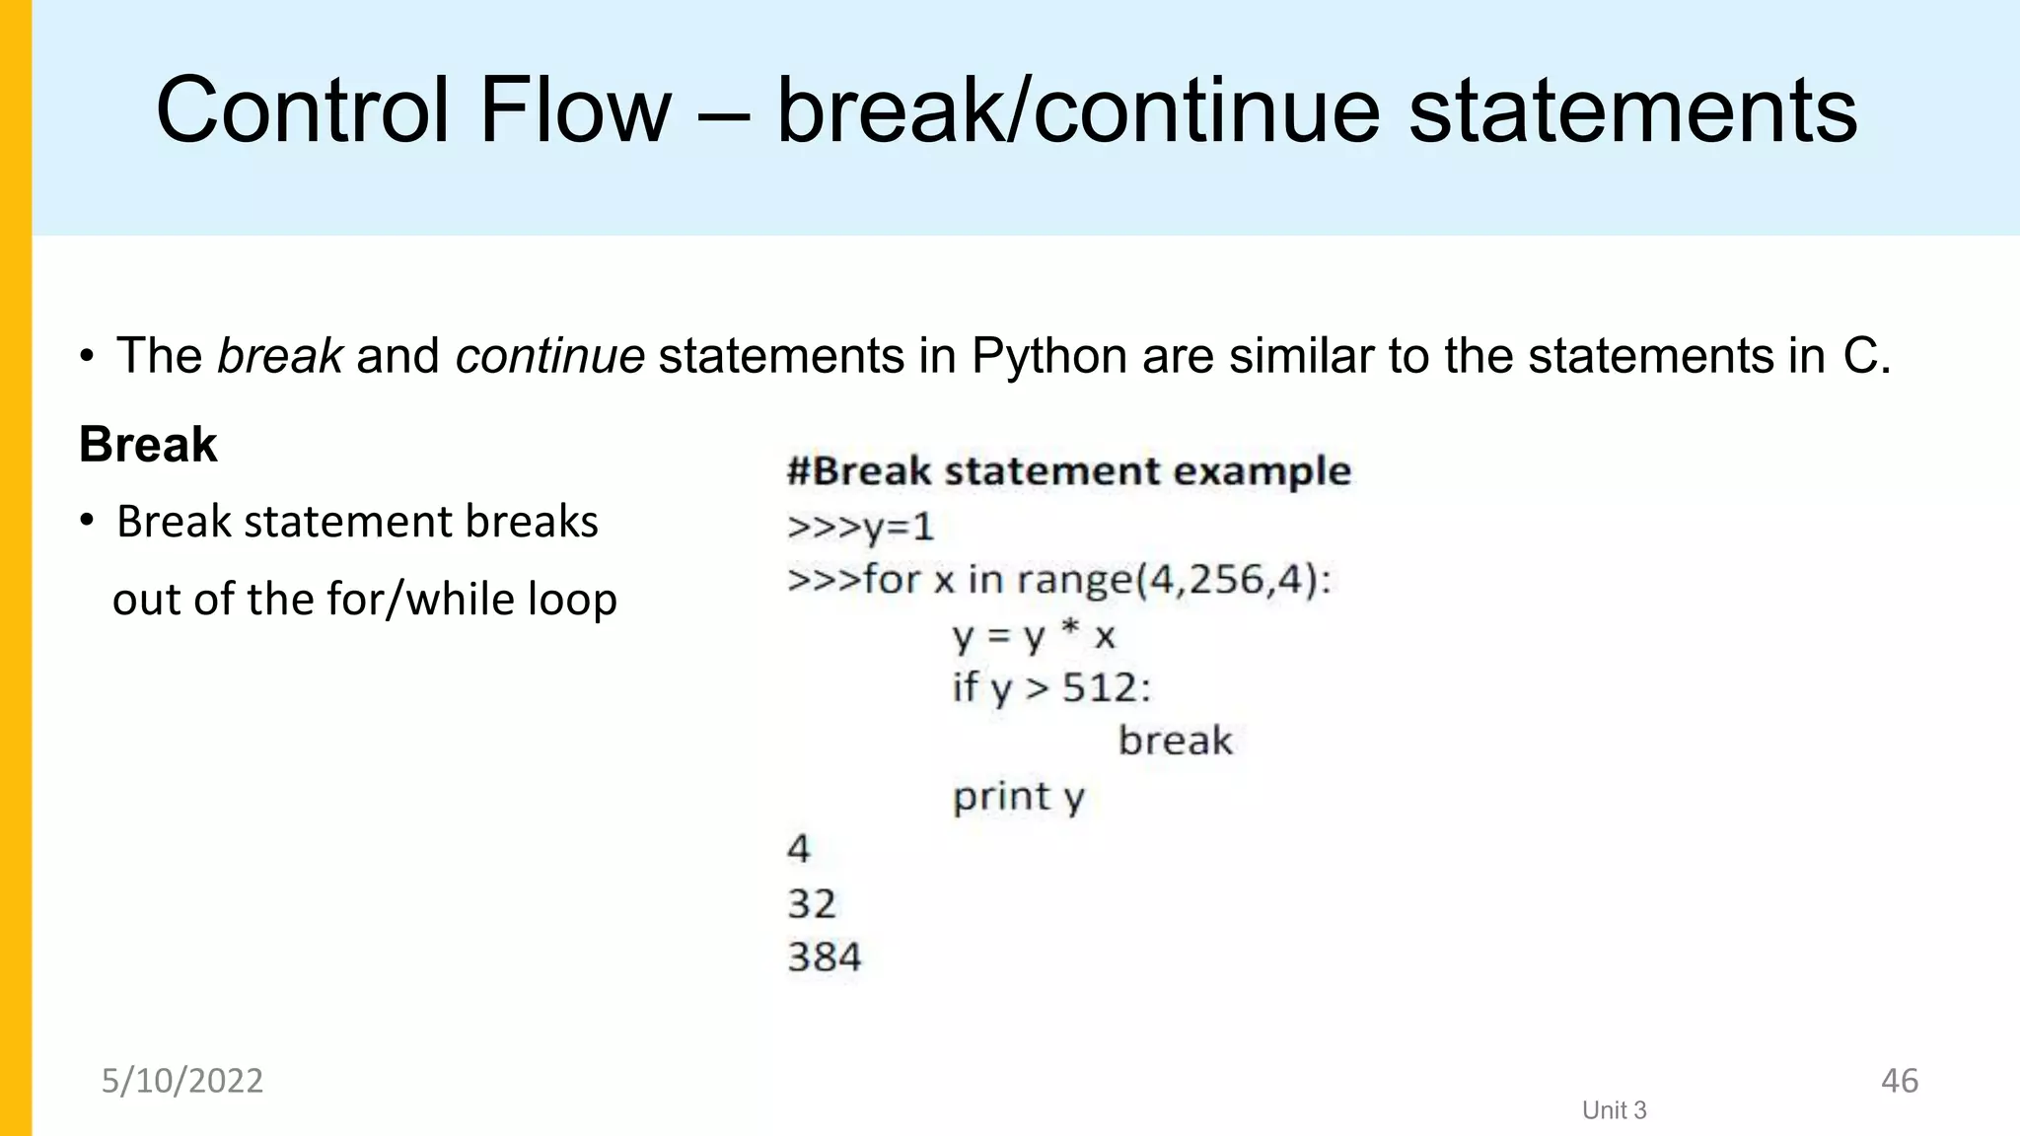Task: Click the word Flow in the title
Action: point(574,110)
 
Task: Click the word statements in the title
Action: point(1632,110)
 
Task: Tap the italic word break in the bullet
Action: point(280,356)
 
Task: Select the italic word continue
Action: point(549,356)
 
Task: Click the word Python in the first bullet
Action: point(1048,356)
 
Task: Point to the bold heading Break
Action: point(148,444)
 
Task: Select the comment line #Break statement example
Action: point(1068,471)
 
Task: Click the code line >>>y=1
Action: point(860,527)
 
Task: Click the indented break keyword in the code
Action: point(1175,741)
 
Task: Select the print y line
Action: point(1018,796)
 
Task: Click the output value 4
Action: point(799,849)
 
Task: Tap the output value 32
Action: point(812,903)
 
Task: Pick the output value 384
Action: point(825,957)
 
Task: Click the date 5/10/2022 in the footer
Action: point(182,1081)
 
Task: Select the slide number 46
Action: point(1899,1081)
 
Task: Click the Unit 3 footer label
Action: point(1614,1110)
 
